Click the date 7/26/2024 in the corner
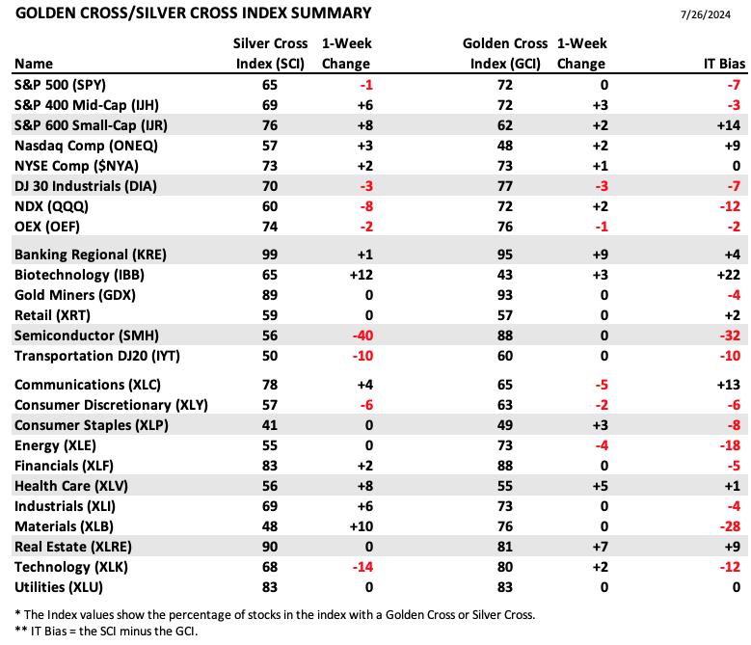coord(705,14)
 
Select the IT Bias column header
coord(724,64)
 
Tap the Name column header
coord(34,64)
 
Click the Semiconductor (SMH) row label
coord(87,336)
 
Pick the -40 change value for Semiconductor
coord(362,336)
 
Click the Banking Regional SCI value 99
coord(270,255)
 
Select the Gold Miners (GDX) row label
coord(75,295)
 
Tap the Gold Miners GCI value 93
coord(505,295)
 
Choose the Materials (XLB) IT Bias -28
coord(730,526)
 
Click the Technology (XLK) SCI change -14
coord(362,567)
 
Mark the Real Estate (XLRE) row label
coord(73,547)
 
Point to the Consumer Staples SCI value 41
coord(270,425)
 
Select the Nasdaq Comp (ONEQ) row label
coord(86,146)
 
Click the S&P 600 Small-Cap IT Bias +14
coord(729,125)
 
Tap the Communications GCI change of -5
coord(601,385)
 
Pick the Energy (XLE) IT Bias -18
coord(730,445)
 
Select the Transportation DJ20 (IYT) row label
coord(97,356)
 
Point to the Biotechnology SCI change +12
coord(362,275)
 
